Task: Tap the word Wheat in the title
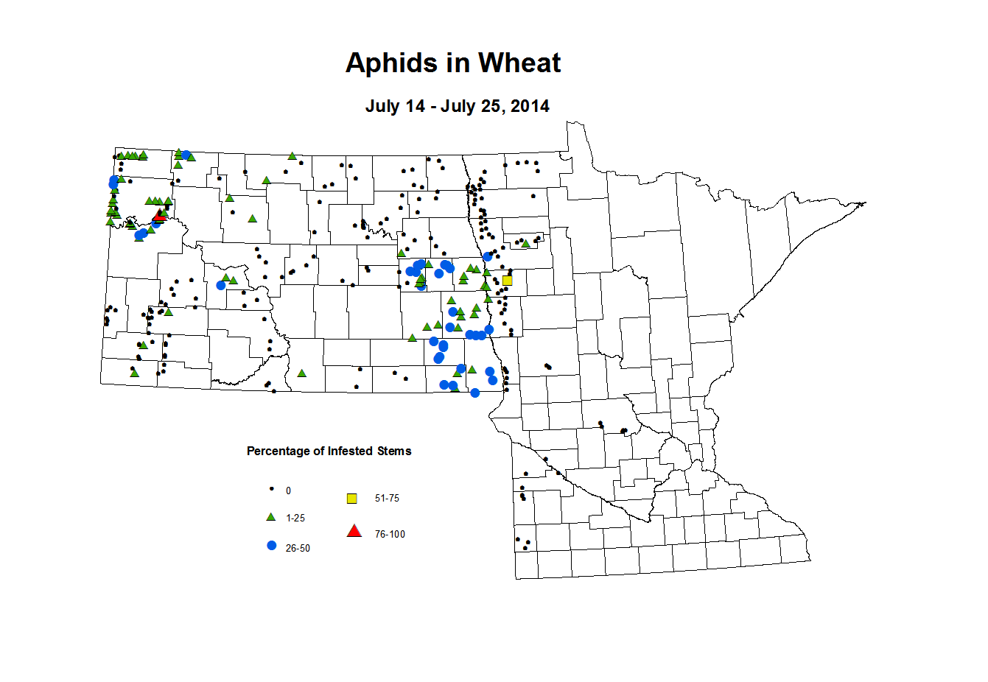pyautogui.click(x=519, y=63)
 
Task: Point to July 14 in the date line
pyautogui.click(x=395, y=106)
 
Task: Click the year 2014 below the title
pyautogui.click(x=530, y=106)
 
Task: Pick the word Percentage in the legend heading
pyautogui.click(x=278, y=451)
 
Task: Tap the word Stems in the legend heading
pyautogui.click(x=394, y=451)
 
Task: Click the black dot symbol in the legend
pyautogui.click(x=271, y=489)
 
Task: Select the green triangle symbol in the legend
pyautogui.click(x=271, y=517)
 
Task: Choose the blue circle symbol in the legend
pyautogui.click(x=271, y=546)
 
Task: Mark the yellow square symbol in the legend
pyautogui.click(x=352, y=499)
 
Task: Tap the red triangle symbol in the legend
pyautogui.click(x=354, y=531)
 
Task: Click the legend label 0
pyautogui.click(x=288, y=491)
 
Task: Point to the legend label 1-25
pyautogui.click(x=295, y=518)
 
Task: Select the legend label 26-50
pyautogui.click(x=298, y=549)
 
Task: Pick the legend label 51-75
pyautogui.click(x=387, y=499)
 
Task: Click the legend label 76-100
pyautogui.click(x=390, y=535)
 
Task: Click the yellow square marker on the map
pyautogui.click(x=507, y=281)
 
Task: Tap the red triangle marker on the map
pyautogui.click(x=158, y=217)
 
